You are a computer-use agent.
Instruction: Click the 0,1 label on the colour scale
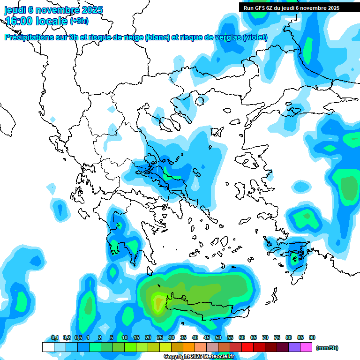[x=54, y=337]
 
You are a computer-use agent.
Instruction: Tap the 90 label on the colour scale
[x=312, y=337]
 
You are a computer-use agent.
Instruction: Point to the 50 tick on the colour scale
[x=218, y=337]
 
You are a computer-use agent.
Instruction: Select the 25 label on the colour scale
[x=160, y=337]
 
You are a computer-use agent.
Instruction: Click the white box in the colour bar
[x=48, y=347]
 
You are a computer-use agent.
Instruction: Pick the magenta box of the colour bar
[x=306, y=347]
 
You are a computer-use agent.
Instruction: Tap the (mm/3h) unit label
[x=327, y=348]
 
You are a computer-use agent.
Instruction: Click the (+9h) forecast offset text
[x=79, y=21]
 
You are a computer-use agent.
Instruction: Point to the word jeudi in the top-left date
[x=15, y=10]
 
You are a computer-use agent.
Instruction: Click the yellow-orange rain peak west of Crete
[x=158, y=301]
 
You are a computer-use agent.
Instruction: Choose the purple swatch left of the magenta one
[x=294, y=347]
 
